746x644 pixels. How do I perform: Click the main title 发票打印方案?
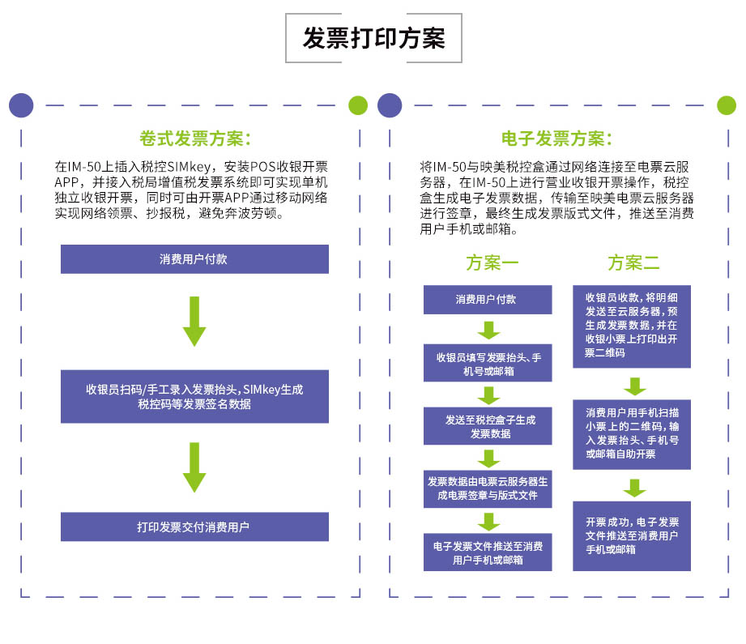[x=373, y=38]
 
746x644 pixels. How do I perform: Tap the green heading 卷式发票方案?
[x=194, y=139]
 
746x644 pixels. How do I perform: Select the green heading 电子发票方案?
[x=556, y=139]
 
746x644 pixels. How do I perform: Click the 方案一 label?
[x=492, y=262]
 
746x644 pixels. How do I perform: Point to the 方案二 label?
[x=633, y=262]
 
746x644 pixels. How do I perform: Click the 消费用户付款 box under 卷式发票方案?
[x=194, y=259]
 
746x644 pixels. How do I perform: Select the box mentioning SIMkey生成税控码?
[x=194, y=396]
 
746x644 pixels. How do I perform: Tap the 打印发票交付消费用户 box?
[x=194, y=527]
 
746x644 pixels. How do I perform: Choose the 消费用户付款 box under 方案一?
[x=488, y=300]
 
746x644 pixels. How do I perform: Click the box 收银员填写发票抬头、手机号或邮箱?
[x=488, y=363]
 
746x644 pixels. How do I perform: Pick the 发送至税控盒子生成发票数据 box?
[x=488, y=426]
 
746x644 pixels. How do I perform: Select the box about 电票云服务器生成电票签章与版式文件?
[x=488, y=488]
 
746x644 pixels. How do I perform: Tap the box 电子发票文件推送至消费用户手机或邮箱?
[x=488, y=552]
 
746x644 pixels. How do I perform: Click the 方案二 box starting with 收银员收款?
[x=632, y=326]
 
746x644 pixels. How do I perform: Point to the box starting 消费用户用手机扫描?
[x=632, y=434]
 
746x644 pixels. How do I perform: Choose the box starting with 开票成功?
[x=632, y=536]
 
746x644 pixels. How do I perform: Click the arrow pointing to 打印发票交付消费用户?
[x=194, y=467]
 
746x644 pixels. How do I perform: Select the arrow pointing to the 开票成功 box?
[x=635, y=488]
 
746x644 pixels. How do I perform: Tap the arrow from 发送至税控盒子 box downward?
[x=488, y=458]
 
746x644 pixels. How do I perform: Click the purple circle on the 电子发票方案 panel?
[x=390, y=105]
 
